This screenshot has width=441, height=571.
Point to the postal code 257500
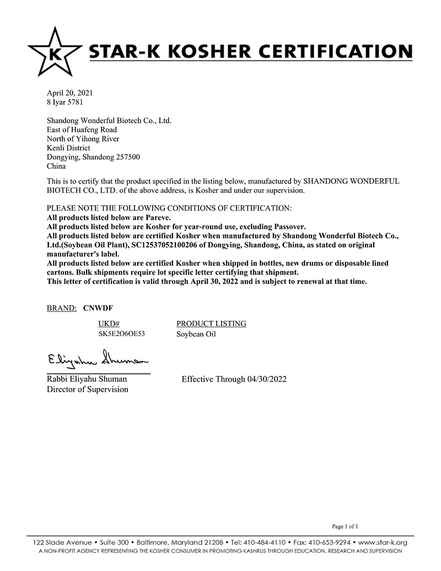[127, 157]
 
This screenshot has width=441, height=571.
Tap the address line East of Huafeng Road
[82, 130]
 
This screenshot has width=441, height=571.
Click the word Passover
[288, 227]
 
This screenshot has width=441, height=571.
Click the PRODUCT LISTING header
[211, 324]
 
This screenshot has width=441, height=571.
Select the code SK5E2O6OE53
[121, 334]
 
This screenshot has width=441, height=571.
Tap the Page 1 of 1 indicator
[345, 526]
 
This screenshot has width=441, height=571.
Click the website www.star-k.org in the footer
[380, 542]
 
